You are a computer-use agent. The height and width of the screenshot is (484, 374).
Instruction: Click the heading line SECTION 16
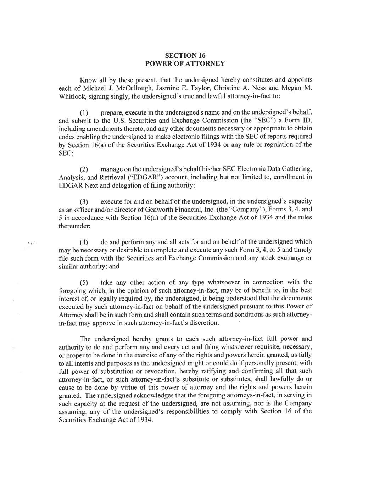(x=185, y=55)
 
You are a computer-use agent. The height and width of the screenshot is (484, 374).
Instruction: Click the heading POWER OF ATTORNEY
(x=185, y=63)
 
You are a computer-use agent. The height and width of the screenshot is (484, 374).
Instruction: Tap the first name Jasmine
(x=167, y=88)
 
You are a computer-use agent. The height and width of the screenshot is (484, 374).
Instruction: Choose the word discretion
(x=203, y=323)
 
